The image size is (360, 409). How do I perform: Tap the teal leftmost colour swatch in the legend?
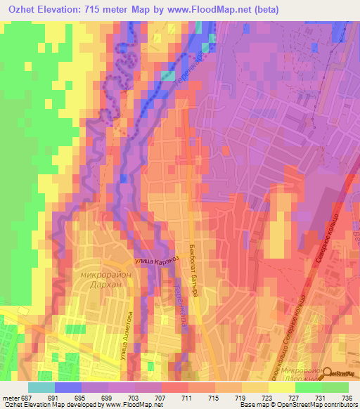point(41,387)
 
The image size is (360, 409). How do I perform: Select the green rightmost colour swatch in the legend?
point(335,387)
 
